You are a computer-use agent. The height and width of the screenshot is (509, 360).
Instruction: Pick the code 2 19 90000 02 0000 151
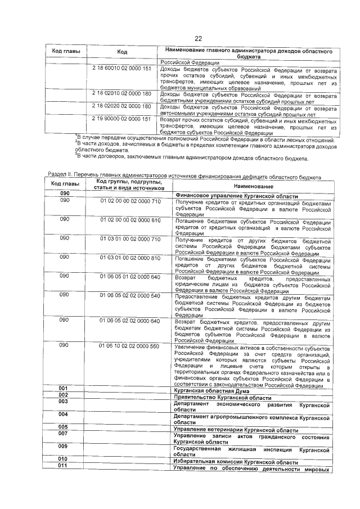pos(122,119)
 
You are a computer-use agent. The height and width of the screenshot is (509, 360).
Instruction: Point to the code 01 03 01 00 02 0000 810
pos(130,258)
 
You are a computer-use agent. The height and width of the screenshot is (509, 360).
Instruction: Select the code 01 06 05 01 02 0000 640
pos(130,276)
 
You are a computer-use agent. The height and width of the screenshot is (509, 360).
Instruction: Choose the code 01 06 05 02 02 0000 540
pos(130,295)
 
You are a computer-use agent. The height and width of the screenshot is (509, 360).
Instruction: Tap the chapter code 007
pos(64,434)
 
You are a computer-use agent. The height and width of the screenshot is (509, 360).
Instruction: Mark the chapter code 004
pos(64,415)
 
